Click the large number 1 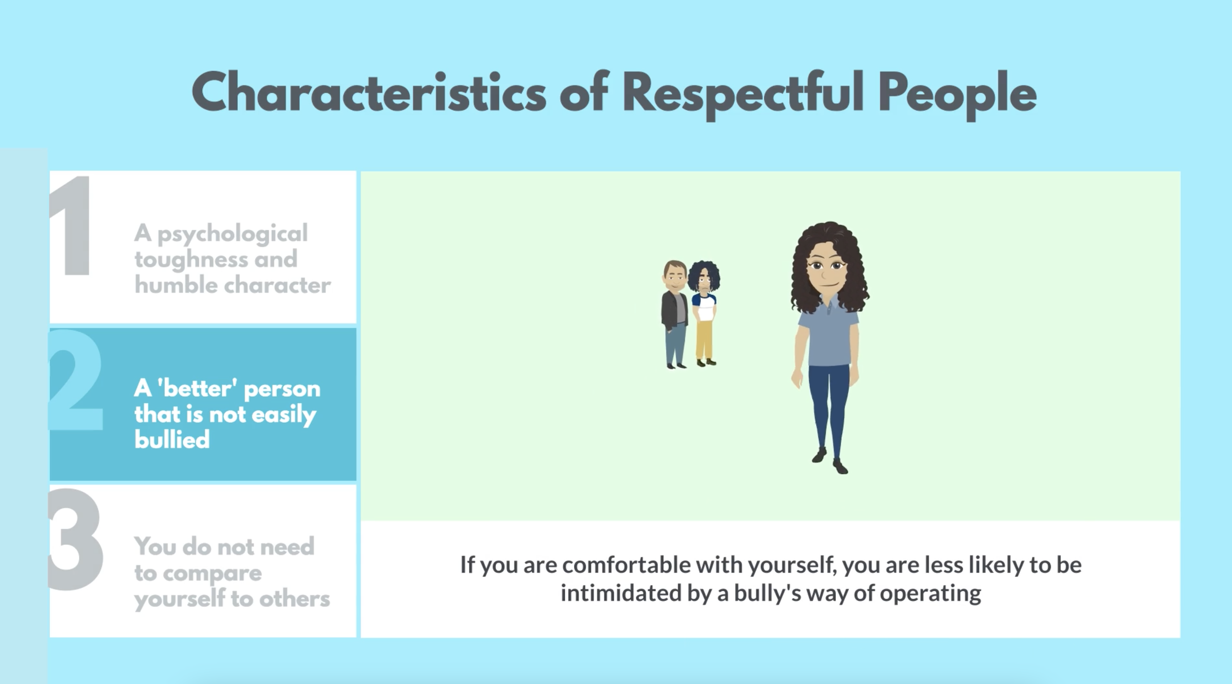pyautogui.click(x=70, y=225)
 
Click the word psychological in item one pyautogui.click(x=232, y=235)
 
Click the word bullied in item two pyautogui.click(x=172, y=439)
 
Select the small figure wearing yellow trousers pyautogui.click(x=704, y=314)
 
